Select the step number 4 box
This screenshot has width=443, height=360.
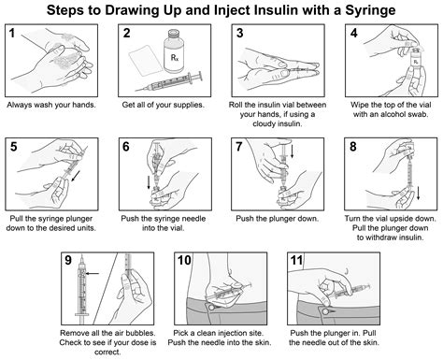coord(354,36)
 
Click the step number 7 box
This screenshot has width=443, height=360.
coord(241,148)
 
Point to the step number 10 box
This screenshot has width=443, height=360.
coord(185,261)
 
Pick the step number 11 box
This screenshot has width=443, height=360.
coord(297,261)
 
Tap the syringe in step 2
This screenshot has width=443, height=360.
coord(167,82)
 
